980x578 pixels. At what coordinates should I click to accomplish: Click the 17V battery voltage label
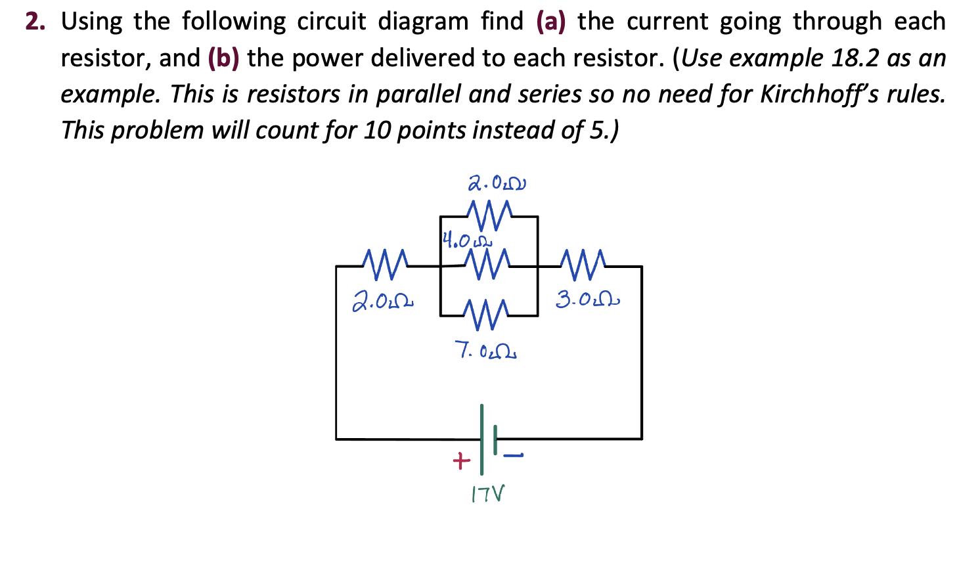[x=488, y=494]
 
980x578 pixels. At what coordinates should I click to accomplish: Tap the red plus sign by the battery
[x=461, y=461]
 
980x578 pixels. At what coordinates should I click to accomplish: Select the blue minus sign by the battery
[x=513, y=455]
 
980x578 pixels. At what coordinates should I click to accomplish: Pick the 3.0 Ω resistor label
[x=587, y=300]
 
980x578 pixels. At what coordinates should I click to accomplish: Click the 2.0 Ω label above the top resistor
[x=497, y=183]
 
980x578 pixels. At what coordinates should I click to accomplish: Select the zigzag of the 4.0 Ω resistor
[x=487, y=265]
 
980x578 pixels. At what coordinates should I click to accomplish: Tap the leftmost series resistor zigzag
[x=386, y=265]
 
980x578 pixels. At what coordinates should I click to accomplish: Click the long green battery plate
[x=481, y=439]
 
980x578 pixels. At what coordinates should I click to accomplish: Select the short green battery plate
[x=495, y=439]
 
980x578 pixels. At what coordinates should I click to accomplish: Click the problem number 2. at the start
[x=35, y=22]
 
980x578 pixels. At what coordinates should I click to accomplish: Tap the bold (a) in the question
[x=550, y=22]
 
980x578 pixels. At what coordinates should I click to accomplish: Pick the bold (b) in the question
[x=223, y=58]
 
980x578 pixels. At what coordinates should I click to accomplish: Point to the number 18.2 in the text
[x=854, y=58]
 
